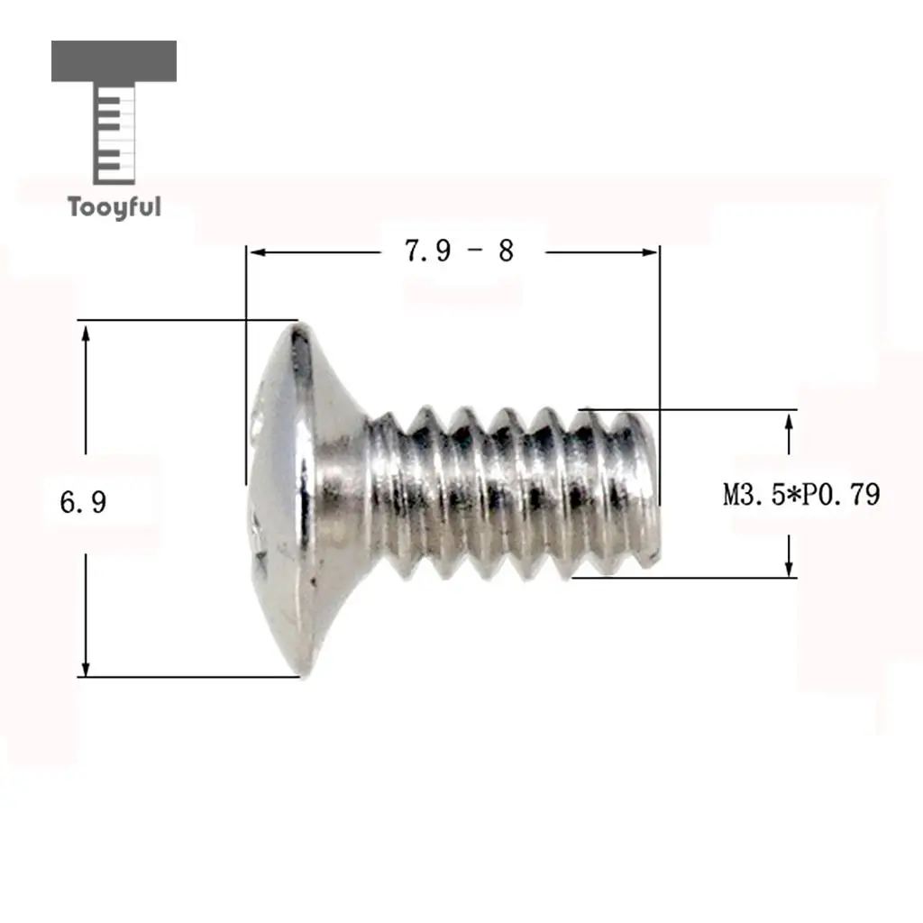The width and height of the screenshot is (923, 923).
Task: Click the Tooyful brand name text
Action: [114, 207]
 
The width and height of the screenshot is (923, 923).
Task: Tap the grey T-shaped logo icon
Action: [114, 112]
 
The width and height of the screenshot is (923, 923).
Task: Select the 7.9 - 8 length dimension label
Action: [459, 251]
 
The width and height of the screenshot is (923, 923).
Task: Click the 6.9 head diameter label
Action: [83, 503]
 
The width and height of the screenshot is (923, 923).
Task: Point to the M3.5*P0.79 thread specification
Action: [801, 495]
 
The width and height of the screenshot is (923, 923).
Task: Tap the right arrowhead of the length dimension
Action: [648, 252]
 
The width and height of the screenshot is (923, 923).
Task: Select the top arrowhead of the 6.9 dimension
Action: [86, 334]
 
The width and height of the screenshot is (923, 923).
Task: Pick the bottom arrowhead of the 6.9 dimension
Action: [86, 666]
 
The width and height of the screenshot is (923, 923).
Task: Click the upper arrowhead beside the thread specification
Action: [789, 422]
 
